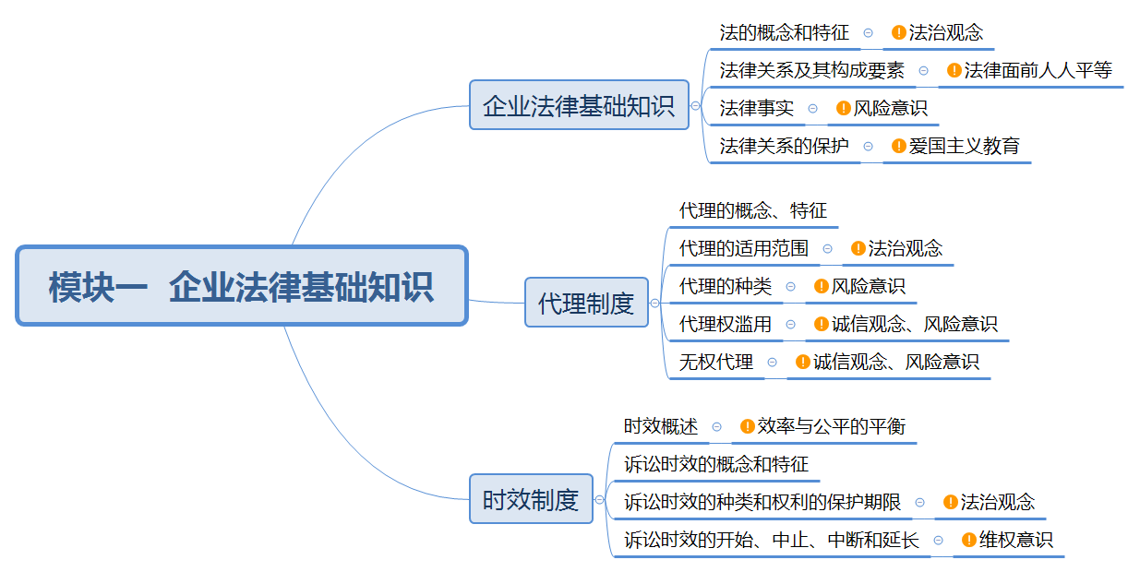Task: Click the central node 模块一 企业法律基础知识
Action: point(242,286)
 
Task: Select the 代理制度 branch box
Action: point(586,303)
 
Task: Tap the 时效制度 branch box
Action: point(531,499)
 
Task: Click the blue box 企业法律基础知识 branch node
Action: point(579,105)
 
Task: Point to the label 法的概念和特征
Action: point(784,33)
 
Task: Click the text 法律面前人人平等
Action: point(1038,70)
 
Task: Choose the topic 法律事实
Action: point(756,108)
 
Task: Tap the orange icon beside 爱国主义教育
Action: point(899,146)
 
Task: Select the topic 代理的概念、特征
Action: point(752,210)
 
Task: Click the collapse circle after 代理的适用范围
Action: point(828,248)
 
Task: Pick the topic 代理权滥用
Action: point(725,324)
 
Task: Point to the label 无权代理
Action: point(715,362)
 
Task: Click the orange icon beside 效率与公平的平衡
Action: point(748,426)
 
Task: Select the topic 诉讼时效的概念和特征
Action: point(715,463)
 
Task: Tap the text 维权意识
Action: point(1015,540)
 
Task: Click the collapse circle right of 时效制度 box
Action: point(600,499)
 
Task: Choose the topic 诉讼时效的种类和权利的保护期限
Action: point(762,502)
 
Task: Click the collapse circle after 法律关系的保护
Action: point(869,146)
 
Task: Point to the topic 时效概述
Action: point(660,426)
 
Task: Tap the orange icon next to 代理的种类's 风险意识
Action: point(822,286)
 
